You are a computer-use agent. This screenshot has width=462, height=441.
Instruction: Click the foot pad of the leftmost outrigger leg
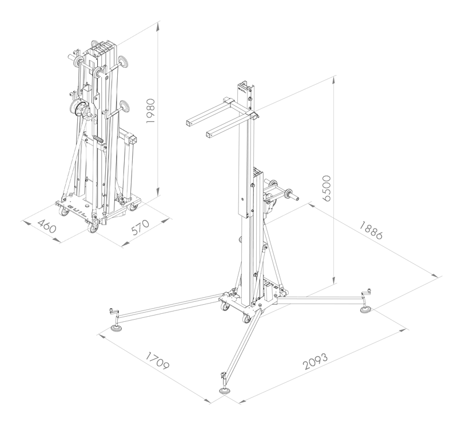118,328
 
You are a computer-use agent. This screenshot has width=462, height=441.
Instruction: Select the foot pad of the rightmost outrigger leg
365,310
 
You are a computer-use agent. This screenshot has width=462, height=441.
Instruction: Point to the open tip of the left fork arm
189,122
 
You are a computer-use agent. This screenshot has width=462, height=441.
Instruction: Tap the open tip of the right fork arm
209,135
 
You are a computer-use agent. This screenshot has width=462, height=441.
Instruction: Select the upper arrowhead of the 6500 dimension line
334,78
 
